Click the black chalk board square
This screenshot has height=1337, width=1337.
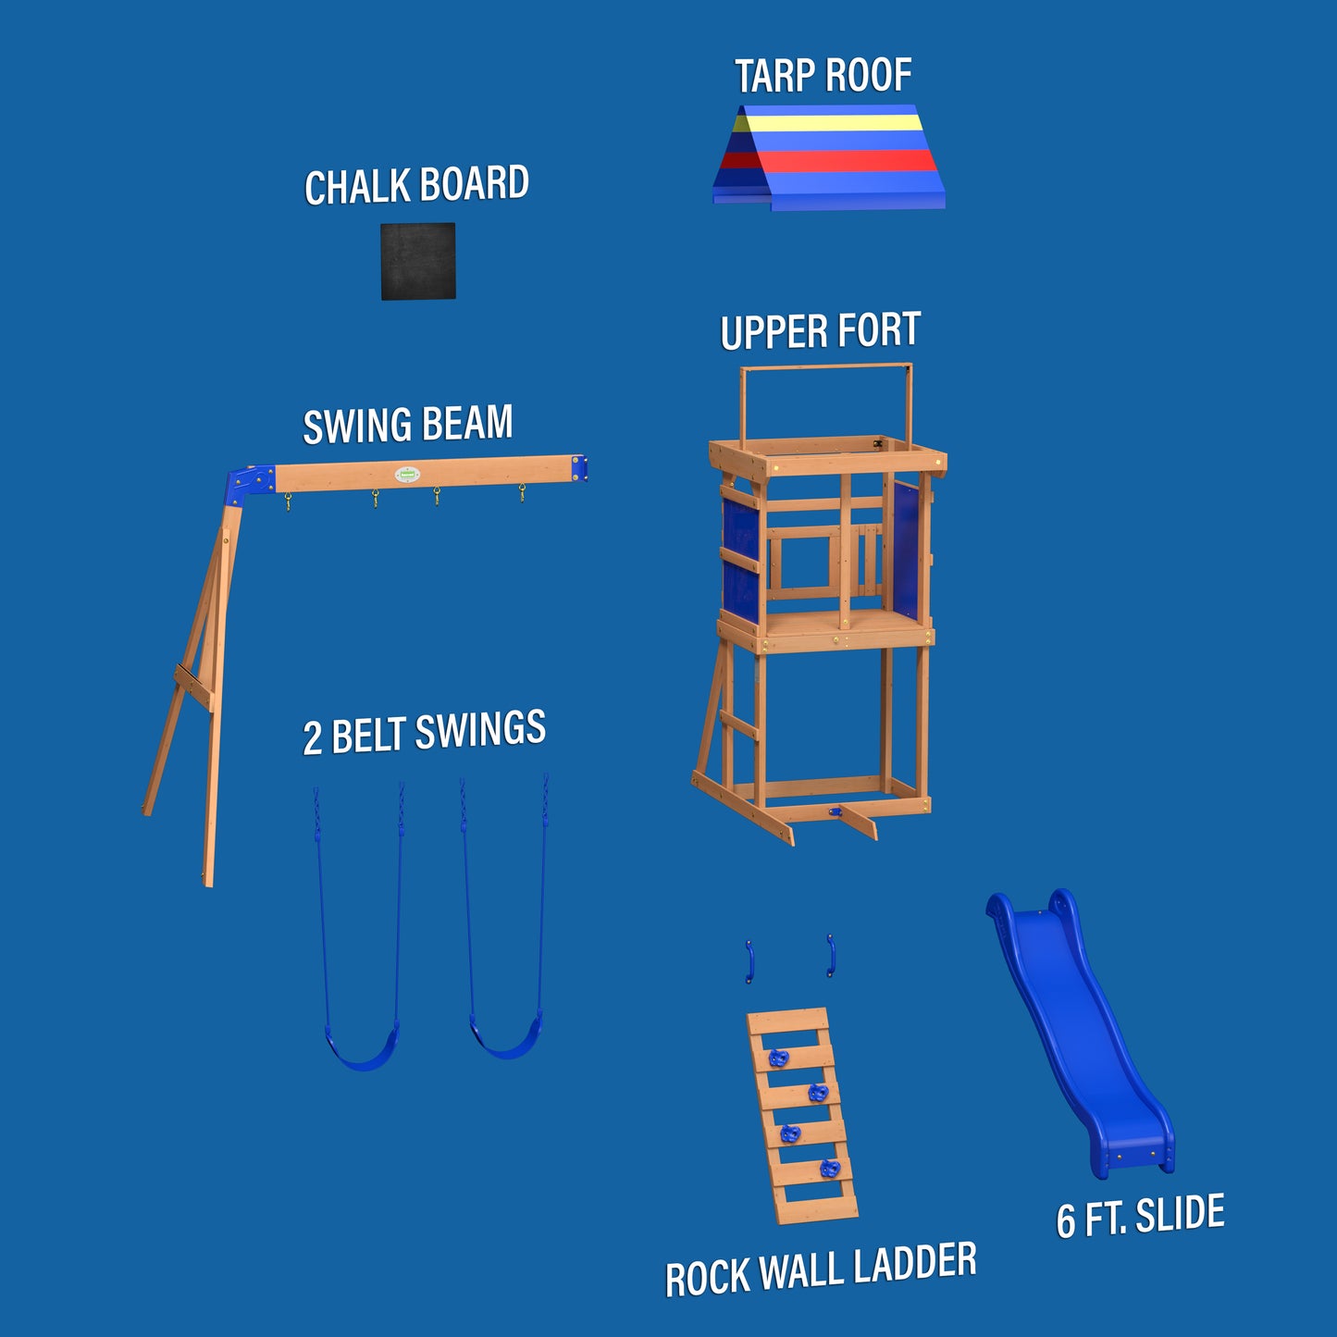coord(417,261)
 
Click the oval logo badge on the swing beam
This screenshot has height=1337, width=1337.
coord(407,475)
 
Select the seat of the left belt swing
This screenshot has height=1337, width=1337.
coord(362,1046)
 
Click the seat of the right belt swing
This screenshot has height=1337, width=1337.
coord(506,1036)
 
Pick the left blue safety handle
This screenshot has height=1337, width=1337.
coord(749,961)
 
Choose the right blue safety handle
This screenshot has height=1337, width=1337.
coord(831,956)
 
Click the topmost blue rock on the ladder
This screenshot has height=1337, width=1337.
coord(778,1058)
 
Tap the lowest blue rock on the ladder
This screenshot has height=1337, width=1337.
coord(829,1169)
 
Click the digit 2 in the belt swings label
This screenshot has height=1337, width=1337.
coord(313,738)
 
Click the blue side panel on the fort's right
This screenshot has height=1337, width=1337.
coord(906,551)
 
